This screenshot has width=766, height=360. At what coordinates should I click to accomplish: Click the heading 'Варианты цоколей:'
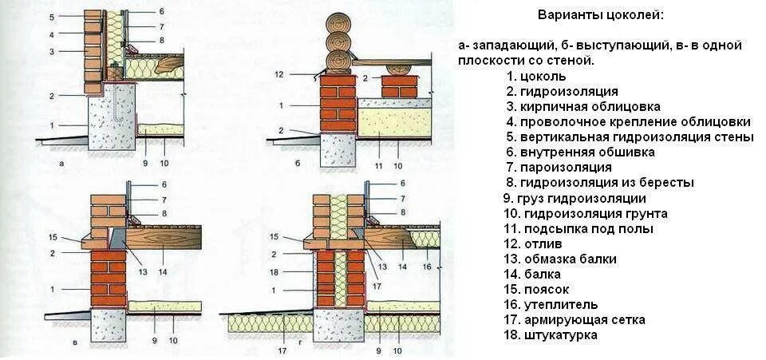pos(600,15)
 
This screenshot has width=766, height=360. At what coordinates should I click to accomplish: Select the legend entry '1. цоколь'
pos(543,77)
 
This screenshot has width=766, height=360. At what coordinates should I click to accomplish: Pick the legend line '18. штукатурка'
pos(561,335)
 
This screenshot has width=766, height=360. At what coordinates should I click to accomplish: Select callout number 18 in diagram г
pos(274,271)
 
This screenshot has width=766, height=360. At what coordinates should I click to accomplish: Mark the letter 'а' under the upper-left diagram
pos(61,163)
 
